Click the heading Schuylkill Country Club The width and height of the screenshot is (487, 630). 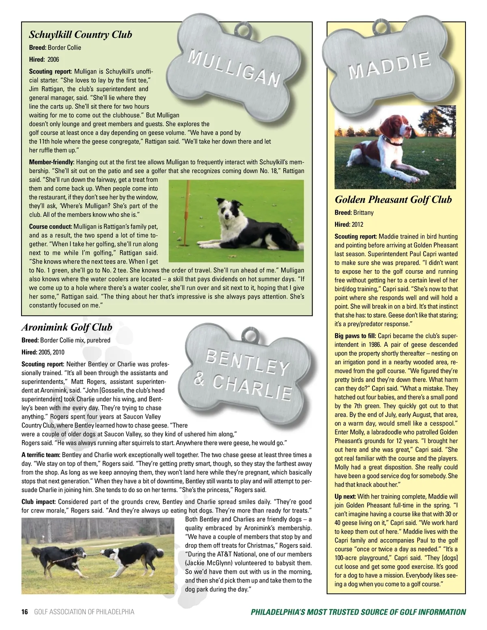point(80,34)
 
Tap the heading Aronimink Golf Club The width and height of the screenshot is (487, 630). point(67,327)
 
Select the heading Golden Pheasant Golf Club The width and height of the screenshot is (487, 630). point(393,200)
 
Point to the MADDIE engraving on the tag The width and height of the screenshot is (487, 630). point(390,66)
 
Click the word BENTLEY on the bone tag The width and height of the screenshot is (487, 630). point(247,362)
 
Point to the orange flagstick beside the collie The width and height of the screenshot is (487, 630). point(187,211)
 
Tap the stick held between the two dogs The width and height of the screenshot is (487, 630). point(94,551)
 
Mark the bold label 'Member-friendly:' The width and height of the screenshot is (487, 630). point(52,162)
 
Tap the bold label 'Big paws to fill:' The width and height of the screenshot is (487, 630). point(356,336)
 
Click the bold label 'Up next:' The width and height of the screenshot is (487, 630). point(345,497)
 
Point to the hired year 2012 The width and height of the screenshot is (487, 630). point(358,224)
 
